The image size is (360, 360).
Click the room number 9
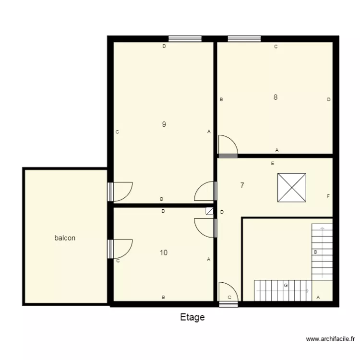coord(164,124)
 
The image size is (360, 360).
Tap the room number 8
coord(276,97)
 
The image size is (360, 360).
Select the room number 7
coord(242,185)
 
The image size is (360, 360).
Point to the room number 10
coord(164,252)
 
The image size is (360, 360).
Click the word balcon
coord(65,238)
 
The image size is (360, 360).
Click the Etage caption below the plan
coord(192,317)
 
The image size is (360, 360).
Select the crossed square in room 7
coord(292,188)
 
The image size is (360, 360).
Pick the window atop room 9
coord(185,38)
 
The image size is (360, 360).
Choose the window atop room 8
coord(244,38)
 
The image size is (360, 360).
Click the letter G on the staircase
coord(286,286)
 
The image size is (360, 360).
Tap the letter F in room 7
coord(328,196)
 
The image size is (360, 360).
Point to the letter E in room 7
coord(272,164)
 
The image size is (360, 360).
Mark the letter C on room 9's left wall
coord(117,132)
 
